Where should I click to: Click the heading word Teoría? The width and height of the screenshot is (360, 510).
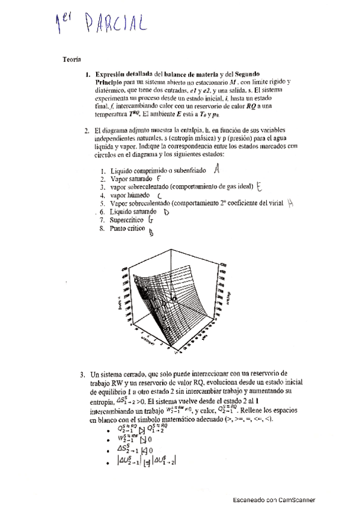tap(72, 59)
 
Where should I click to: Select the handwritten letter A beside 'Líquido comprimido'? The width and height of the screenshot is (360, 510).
tap(217, 169)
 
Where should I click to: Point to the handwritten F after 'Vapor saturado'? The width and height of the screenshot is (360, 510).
tap(158, 179)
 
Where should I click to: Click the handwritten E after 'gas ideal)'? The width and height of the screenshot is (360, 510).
tap(259, 186)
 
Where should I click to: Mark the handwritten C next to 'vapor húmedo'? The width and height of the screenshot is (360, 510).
tap(159, 196)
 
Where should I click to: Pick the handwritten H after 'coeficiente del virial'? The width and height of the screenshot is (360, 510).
tap(290, 203)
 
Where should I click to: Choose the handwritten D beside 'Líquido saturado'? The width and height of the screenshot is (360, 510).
tap(166, 212)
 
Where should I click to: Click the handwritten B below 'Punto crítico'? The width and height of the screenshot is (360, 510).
tap(151, 235)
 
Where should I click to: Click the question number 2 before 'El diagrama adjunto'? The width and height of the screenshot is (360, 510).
tap(87, 130)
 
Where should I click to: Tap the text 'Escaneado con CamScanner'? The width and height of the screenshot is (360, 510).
tap(273, 499)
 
